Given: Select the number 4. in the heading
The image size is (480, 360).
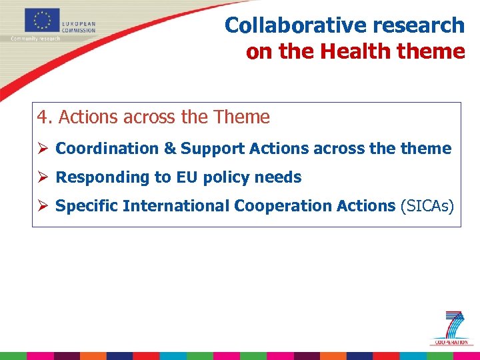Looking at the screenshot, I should click(45, 117).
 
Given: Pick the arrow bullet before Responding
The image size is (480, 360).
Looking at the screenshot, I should click(43, 177).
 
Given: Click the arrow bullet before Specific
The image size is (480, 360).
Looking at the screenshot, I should click(43, 206).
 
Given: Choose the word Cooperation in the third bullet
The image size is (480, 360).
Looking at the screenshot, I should click(278, 206).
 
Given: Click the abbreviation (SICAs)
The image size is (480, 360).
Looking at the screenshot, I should click(427, 206).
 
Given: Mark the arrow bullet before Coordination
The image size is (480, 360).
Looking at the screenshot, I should click(43, 149).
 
